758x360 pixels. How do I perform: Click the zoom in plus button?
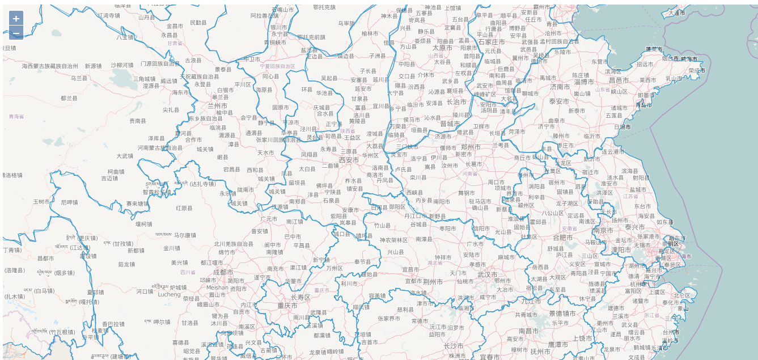(x=16, y=18)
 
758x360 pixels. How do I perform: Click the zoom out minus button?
(x=16, y=33)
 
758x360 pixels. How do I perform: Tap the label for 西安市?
(x=349, y=160)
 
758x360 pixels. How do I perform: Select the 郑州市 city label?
(x=471, y=147)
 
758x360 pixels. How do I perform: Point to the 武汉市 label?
(x=487, y=274)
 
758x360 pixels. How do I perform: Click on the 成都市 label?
(x=223, y=272)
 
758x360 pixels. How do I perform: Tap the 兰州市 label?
(x=218, y=105)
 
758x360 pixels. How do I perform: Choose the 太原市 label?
(x=442, y=48)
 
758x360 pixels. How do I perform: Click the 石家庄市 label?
(x=492, y=42)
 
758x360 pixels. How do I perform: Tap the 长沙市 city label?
(x=454, y=346)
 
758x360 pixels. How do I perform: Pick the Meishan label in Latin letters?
(x=218, y=287)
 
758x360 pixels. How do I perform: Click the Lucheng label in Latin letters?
(x=169, y=295)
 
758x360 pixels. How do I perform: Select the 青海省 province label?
(x=16, y=116)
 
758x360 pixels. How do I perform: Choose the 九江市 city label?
(x=531, y=302)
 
